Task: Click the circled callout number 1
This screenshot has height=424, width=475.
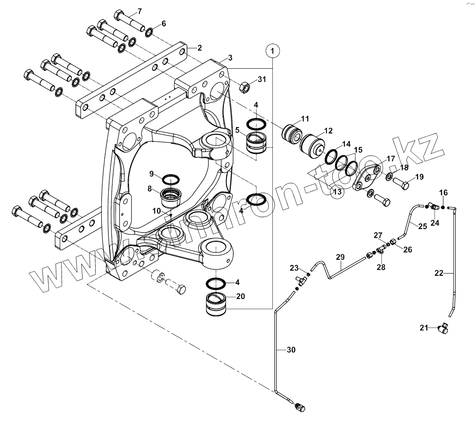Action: tap(272, 51)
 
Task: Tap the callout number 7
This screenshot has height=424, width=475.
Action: tap(139, 12)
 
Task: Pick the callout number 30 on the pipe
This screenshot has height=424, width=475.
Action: tap(291, 350)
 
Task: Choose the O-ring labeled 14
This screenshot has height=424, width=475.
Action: tap(331, 156)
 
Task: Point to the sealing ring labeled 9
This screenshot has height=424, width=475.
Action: tap(171, 180)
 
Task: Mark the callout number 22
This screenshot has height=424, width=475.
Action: tap(439, 273)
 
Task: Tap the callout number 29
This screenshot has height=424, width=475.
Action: tap(340, 257)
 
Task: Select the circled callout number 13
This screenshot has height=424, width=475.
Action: tap(337, 192)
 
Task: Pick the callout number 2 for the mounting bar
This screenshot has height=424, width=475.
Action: tap(199, 48)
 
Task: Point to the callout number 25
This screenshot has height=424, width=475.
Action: tap(423, 226)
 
